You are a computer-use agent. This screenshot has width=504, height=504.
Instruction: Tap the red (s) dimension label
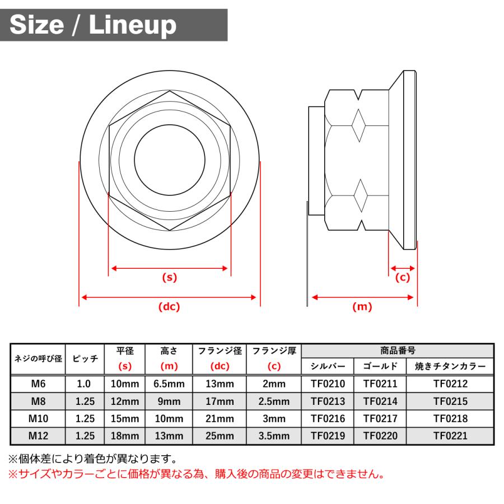[169, 277]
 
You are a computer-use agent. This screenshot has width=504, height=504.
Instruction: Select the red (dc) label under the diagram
[169, 306]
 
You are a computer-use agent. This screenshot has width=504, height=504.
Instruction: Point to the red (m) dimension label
[362, 306]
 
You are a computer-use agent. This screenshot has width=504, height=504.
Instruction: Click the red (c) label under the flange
[402, 277]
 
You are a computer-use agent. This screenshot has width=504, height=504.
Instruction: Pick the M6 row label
[38, 384]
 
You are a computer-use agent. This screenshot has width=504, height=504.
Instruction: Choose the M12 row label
[38, 435]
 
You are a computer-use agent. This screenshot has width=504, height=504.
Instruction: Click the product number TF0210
[328, 384]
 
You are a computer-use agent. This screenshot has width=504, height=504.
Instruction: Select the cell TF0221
[450, 435]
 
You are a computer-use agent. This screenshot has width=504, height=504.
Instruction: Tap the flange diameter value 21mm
[219, 418]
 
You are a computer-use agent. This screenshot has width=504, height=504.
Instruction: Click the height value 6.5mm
[169, 384]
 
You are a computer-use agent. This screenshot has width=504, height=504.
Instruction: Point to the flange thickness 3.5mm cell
[274, 435]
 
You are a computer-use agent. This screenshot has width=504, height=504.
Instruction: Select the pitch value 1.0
[85, 384]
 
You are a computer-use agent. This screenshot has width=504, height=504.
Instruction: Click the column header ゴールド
[380, 367]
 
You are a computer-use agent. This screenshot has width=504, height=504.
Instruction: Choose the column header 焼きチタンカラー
[450, 367]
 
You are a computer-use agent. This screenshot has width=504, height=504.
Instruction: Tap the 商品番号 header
[398, 351]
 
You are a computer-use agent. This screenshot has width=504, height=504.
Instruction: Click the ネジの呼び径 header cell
[38, 359]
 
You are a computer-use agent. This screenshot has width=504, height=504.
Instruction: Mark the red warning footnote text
[196, 474]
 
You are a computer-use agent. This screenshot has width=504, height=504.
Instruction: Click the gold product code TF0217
[380, 418]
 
